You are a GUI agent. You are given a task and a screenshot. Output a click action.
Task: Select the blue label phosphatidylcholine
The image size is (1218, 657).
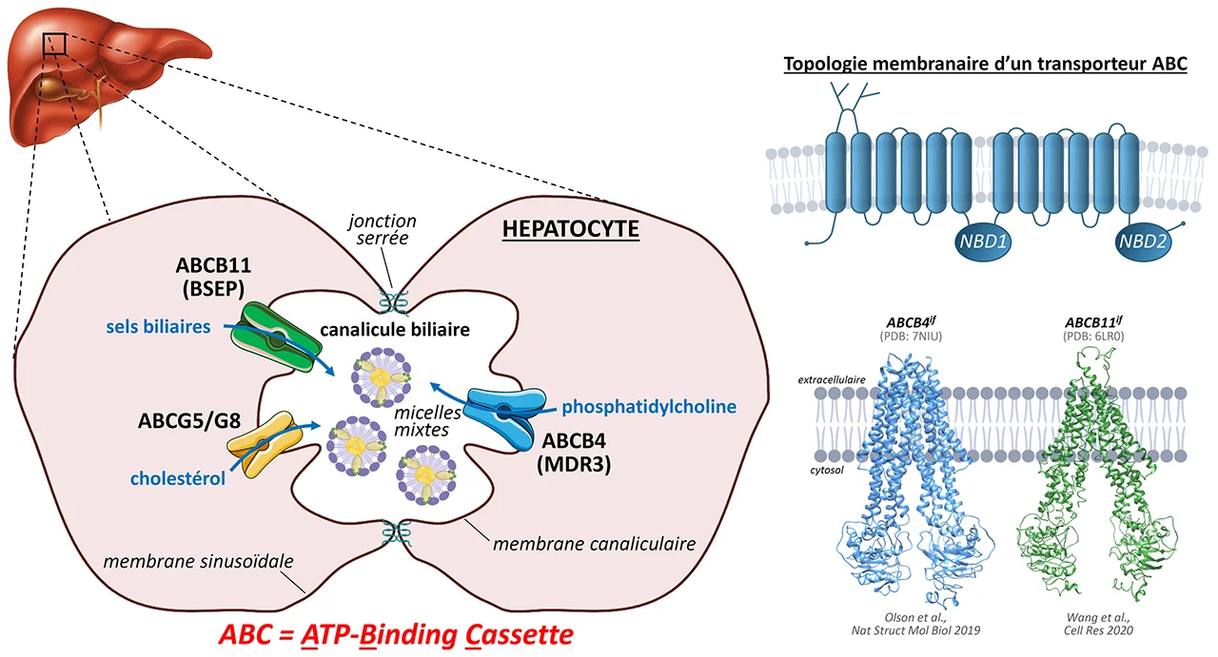point(649,407)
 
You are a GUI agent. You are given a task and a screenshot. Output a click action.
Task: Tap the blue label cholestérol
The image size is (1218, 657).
point(178,478)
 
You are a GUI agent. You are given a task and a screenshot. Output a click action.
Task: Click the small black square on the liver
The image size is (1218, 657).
point(54,43)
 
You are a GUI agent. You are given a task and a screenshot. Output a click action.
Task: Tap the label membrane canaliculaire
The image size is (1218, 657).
point(594,544)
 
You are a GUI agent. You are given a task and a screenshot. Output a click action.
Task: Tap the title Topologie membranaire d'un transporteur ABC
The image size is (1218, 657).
point(985,66)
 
